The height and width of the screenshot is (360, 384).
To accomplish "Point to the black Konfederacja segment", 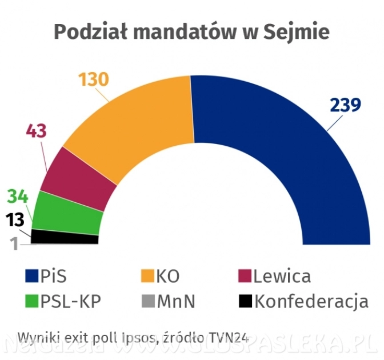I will pos(64,237).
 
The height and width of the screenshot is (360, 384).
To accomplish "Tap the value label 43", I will pos(37,130).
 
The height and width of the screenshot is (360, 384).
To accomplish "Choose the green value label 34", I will pos(18,197).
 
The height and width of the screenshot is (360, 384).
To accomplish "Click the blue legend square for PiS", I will pos(31,277).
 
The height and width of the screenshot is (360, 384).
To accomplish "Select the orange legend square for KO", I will pos(148,277).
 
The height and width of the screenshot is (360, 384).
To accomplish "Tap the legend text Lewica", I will pos(282,277).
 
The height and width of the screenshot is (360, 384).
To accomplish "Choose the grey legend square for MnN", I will pos(148,301).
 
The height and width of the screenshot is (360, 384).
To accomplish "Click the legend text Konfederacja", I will pos(311,301).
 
